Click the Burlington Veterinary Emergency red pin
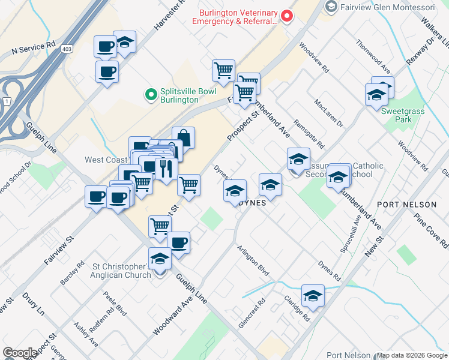(x=287, y=16)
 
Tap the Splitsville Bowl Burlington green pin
(x=150, y=95)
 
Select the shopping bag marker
(x=183, y=138)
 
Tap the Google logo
(x=20, y=352)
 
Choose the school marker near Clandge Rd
(x=312, y=295)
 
